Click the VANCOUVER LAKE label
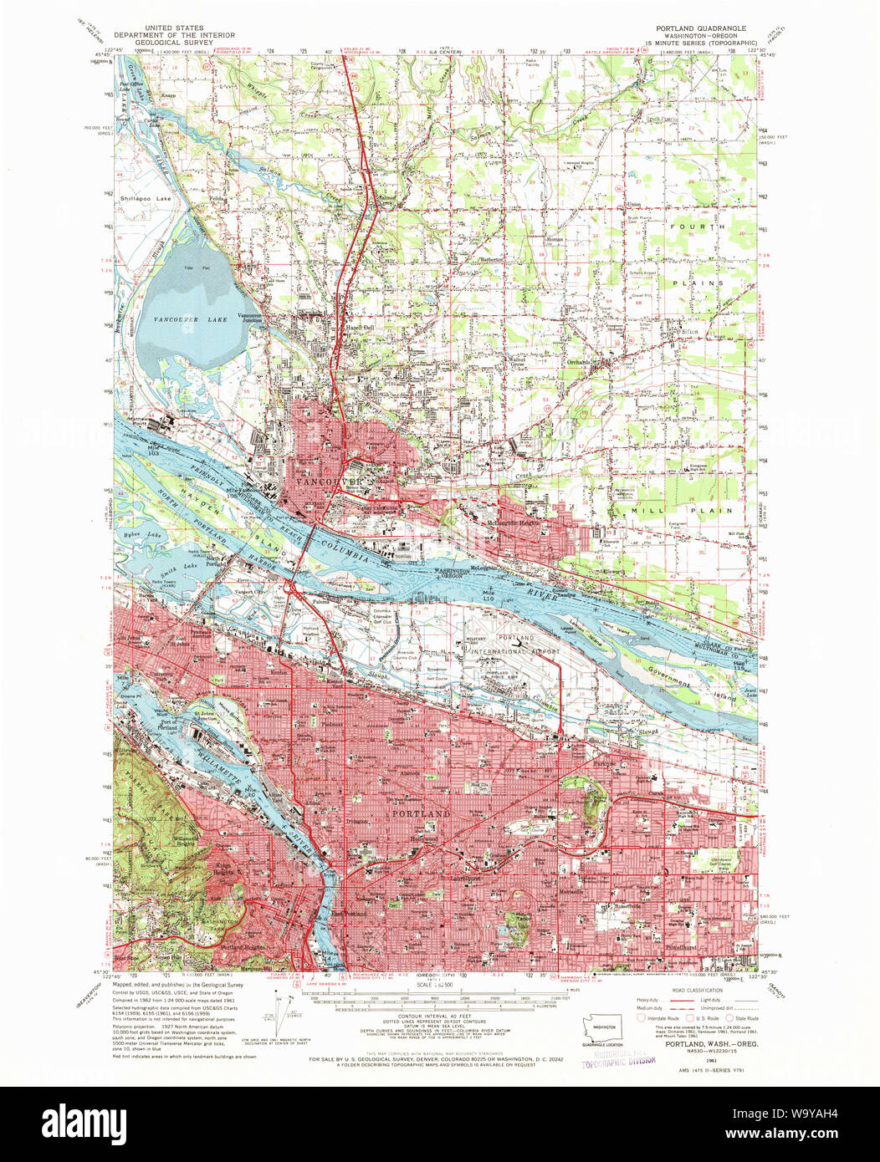(x=182, y=320)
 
